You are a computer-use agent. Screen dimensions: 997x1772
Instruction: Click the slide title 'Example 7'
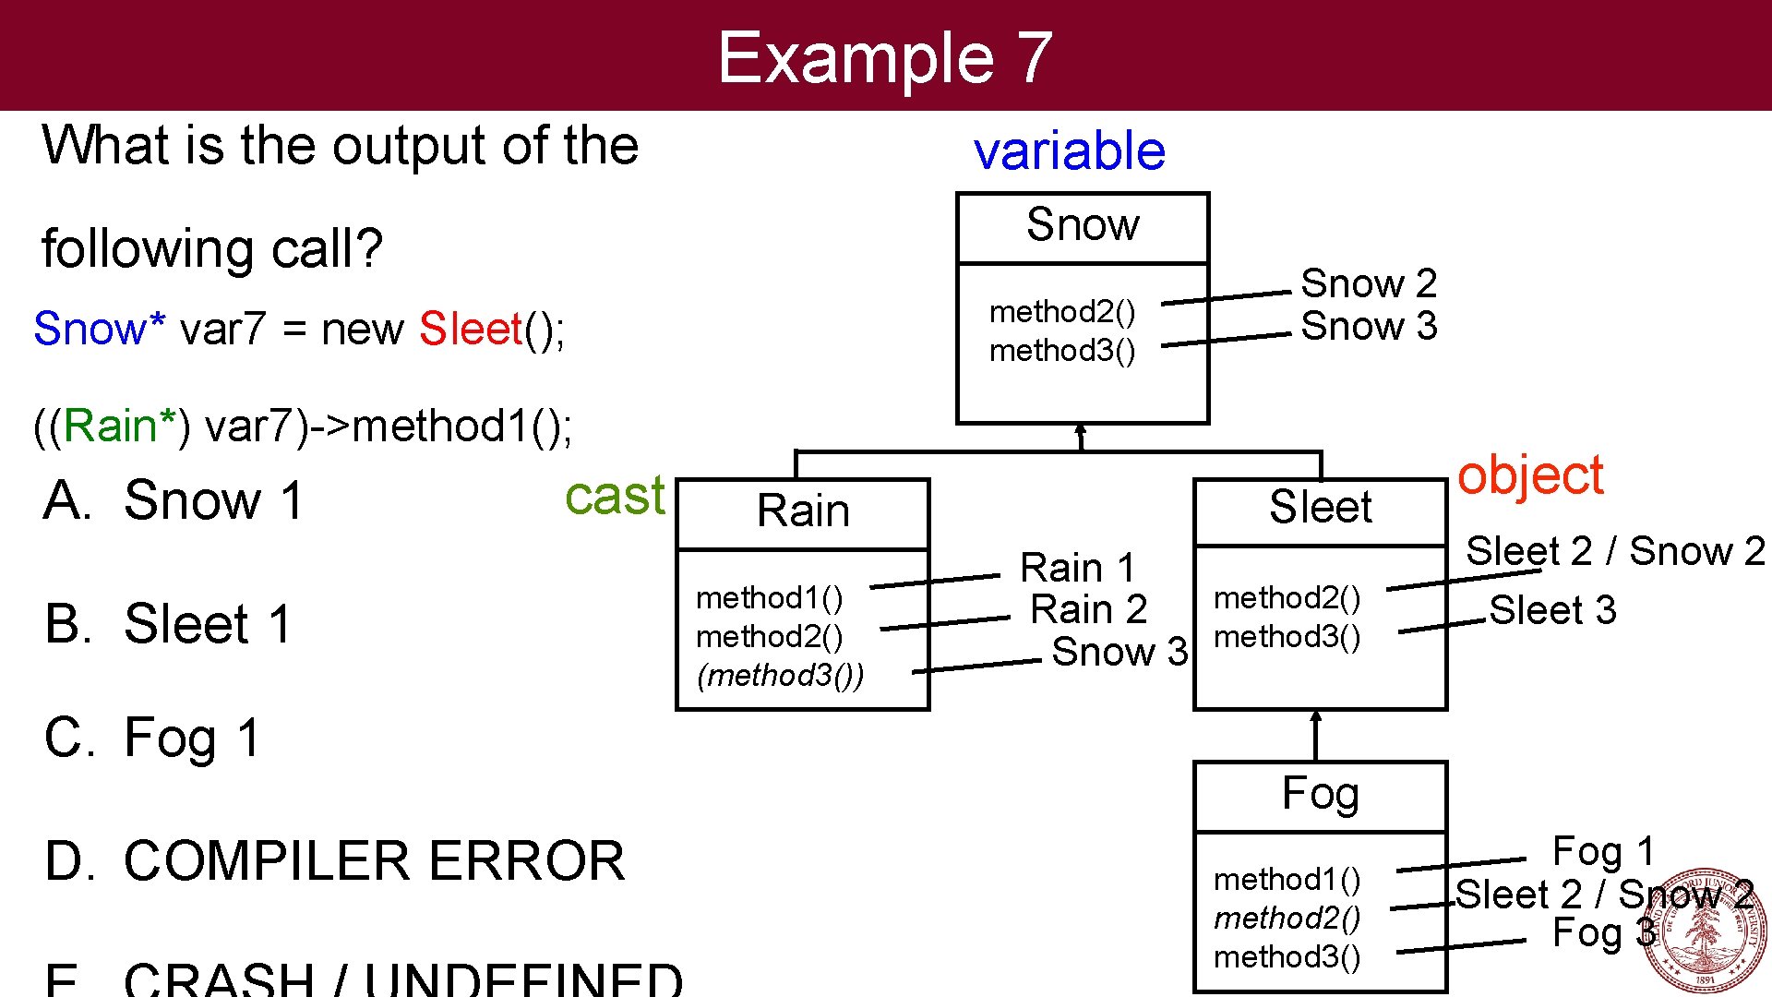(x=884, y=57)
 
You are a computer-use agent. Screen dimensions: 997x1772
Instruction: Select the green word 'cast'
(x=614, y=496)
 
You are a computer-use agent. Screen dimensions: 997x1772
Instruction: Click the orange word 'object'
(x=1529, y=476)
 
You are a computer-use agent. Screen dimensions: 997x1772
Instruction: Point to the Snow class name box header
(x=1083, y=225)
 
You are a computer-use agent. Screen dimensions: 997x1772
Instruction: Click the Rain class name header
(x=803, y=511)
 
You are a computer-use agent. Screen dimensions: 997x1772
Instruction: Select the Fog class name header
(x=1320, y=794)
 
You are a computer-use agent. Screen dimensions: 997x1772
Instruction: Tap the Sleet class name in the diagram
(x=1320, y=508)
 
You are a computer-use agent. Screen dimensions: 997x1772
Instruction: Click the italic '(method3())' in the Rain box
(x=781, y=676)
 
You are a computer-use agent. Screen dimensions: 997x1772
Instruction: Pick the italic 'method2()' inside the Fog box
(x=1287, y=918)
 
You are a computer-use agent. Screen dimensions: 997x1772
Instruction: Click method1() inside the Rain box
(x=769, y=598)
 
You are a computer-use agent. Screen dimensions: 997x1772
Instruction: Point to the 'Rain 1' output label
(x=1077, y=568)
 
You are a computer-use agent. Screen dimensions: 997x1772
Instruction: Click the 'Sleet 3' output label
(x=1552, y=610)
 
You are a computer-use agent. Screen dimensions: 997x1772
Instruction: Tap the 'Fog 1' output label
(x=1603, y=851)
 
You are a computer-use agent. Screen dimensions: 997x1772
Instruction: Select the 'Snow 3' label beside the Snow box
(x=1369, y=326)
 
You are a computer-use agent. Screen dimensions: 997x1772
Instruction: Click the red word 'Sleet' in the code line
(x=471, y=330)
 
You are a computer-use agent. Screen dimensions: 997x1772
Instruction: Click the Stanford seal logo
(x=1704, y=931)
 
